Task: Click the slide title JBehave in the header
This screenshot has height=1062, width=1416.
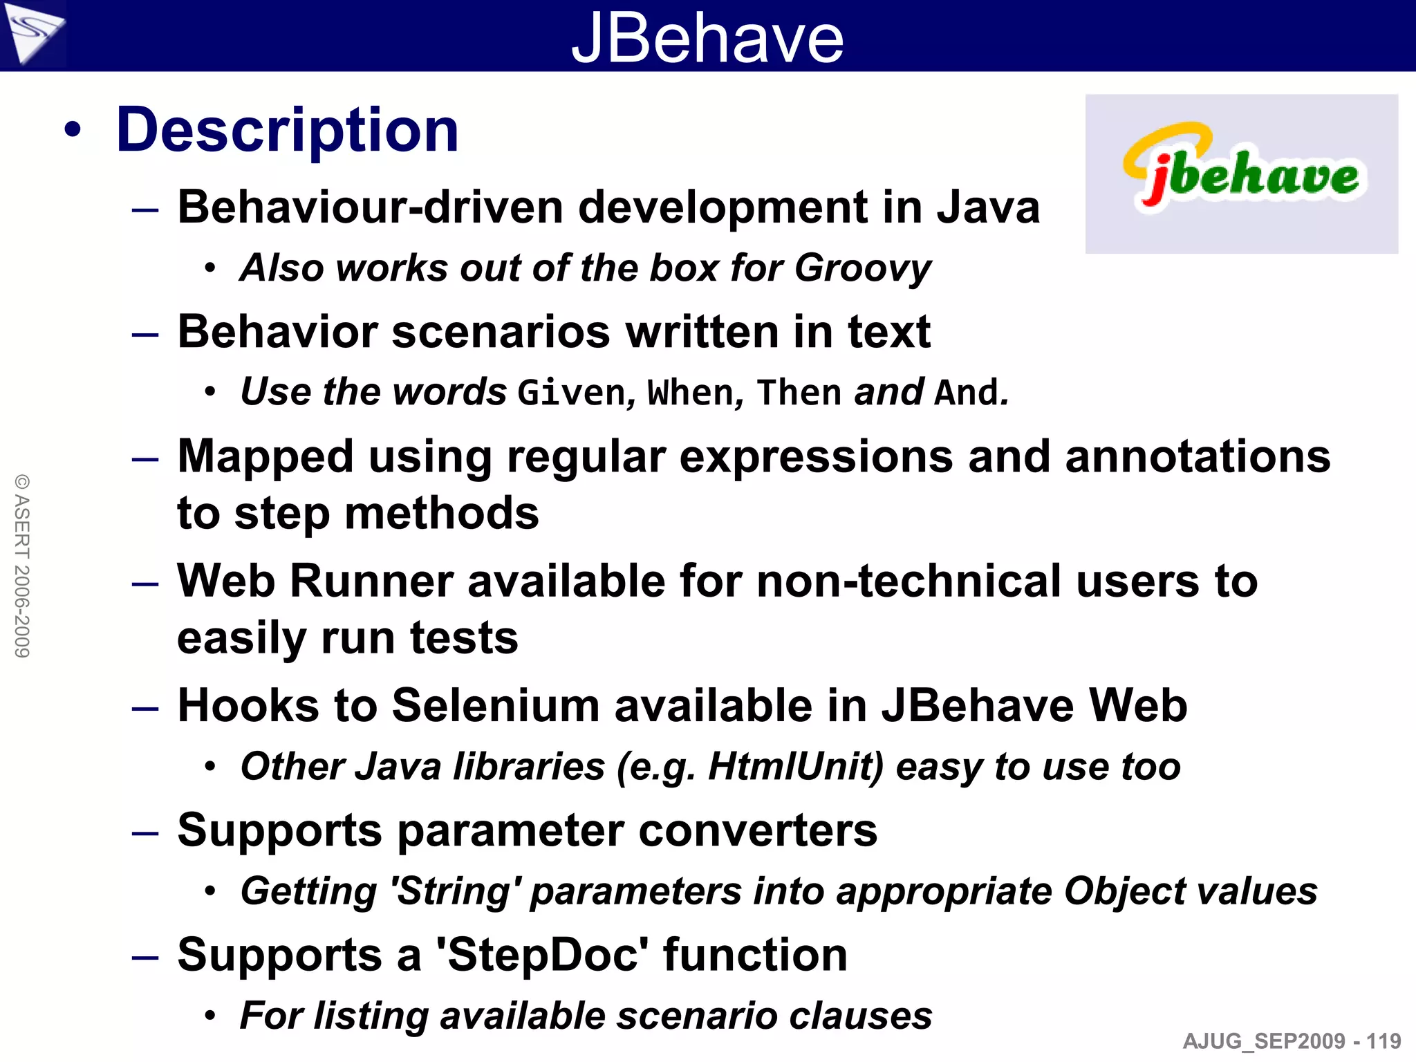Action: [x=707, y=37]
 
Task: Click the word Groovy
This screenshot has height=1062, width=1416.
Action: [x=862, y=268]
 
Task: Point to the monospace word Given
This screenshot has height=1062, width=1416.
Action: [x=571, y=393]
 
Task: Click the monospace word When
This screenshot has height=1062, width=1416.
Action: [x=690, y=393]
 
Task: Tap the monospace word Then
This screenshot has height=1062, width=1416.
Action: [x=799, y=393]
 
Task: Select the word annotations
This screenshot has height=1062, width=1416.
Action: [x=1198, y=457]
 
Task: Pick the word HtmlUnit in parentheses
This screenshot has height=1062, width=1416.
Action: [x=795, y=767]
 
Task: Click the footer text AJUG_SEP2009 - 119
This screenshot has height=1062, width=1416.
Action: [x=1292, y=1041]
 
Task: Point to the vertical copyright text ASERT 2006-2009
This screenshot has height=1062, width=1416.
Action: [x=22, y=566]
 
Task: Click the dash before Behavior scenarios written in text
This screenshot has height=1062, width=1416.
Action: [x=145, y=335]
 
